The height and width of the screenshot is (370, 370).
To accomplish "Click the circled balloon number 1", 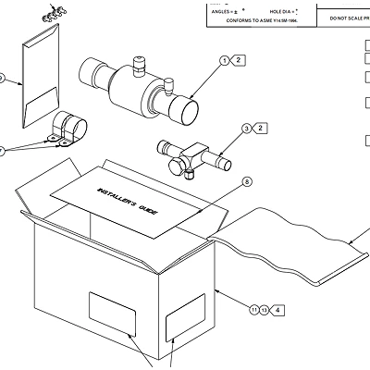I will [224, 60].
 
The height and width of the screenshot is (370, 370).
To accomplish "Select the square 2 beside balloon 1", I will [240, 60].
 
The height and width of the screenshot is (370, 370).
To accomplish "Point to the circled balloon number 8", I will [247, 181].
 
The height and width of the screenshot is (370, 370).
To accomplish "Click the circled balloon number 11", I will [253, 309].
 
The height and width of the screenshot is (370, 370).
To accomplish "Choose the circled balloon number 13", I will [265, 309].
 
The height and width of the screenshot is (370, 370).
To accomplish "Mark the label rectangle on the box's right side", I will [184, 319].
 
